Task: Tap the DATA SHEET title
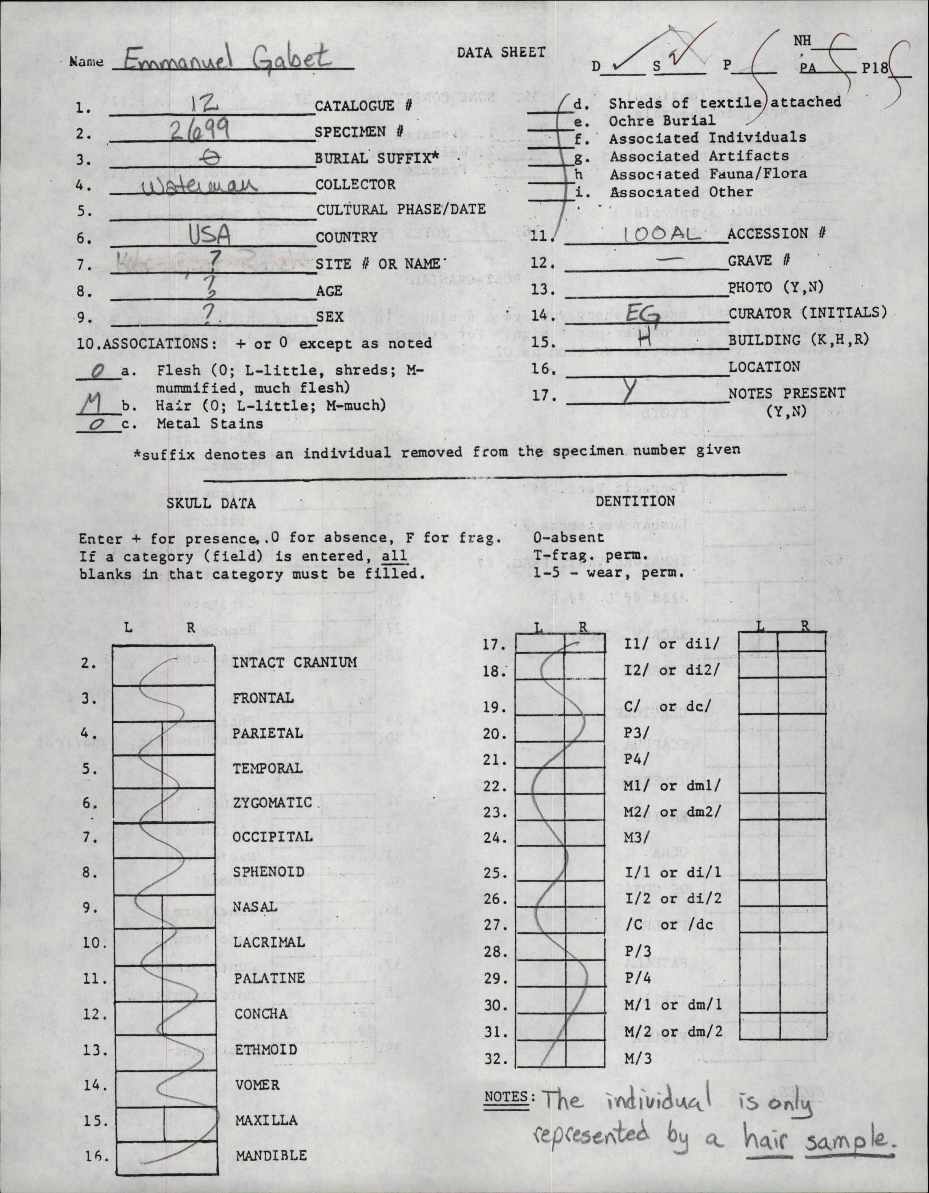click(501, 52)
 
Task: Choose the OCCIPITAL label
click(273, 837)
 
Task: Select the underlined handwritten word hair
click(768, 1137)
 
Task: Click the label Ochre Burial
click(662, 120)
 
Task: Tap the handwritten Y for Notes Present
click(631, 391)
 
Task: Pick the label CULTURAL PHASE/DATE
click(400, 210)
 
